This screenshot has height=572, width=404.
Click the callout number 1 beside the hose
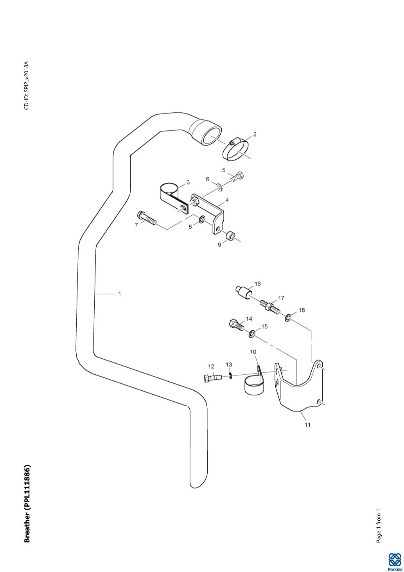click(x=120, y=294)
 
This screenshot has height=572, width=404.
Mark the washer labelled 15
click(x=252, y=334)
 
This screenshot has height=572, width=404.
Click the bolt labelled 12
click(x=213, y=378)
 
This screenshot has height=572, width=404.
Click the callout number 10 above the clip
click(x=253, y=352)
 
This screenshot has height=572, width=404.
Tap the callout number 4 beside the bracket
click(x=227, y=200)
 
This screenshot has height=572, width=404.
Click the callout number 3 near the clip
click(x=188, y=182)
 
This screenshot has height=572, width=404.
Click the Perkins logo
click(x=394, y=562)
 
